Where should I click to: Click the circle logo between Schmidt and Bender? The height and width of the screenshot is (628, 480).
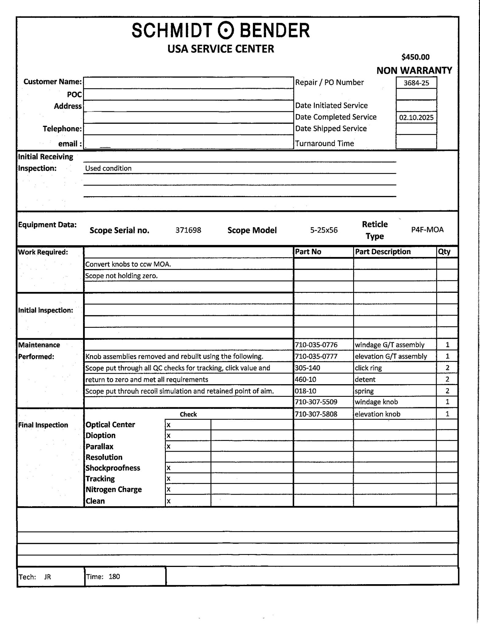click(226, 31)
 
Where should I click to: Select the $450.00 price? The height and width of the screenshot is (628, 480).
click(415, 57)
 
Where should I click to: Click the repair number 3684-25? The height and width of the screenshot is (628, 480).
click(416, 83)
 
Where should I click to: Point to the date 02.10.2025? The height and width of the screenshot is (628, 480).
click(416, 117)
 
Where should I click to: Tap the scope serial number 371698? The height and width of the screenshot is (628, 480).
click(188, 230)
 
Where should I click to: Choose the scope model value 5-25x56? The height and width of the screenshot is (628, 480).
click(324, 230)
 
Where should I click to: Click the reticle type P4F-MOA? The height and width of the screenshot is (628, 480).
click(427, 230)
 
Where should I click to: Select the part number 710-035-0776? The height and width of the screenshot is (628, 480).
click(316, 345)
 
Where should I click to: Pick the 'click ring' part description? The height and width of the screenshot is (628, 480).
click(368, 368)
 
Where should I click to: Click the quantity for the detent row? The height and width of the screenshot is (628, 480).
click(447, 379)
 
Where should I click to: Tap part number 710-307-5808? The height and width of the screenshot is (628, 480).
click(316, 414)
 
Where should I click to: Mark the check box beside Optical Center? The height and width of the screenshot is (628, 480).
click(188, 425)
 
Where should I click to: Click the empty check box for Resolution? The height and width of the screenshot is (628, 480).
click(188, 457)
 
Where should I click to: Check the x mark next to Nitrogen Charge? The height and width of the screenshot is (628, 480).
click(169, 490)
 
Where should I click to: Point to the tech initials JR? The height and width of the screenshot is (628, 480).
click(48, 577)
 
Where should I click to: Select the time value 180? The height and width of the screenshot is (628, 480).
click(114, 576)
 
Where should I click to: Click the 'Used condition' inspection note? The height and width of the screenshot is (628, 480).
click(108, 168)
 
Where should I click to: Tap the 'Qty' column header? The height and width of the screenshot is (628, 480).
click(444, 252)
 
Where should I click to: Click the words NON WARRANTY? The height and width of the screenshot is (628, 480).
click(414, 71)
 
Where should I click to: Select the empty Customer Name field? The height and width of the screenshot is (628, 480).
click(188, 83)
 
